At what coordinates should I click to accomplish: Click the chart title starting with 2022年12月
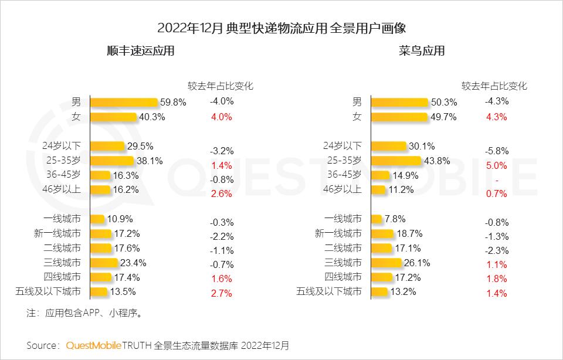tap(281, 28)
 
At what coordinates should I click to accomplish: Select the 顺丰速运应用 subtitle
tap(140, 51)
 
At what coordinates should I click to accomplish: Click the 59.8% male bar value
tap(172, 103)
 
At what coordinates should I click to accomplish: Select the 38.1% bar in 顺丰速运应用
tap(112, 161)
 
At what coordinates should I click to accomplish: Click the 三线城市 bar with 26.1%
tap(386, 263)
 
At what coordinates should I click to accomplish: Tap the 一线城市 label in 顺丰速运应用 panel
tap(66, 219)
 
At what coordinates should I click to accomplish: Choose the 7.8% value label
tap(395, 219)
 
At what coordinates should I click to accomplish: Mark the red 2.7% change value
tap(222, 293)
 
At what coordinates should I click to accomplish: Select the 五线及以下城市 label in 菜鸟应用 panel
tap(329, 291)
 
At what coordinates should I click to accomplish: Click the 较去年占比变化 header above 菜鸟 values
tap(494, 86)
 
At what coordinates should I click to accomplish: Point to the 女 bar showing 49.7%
tap(399, 117)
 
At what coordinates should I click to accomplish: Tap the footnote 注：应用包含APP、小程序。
tap(85, 313)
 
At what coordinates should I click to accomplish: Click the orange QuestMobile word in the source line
tap(94, 345)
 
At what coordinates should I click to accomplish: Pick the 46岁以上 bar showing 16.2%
tap(100, 189)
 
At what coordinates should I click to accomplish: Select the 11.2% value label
tap(401, 189)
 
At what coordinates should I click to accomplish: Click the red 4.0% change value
tap(222, 117)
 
